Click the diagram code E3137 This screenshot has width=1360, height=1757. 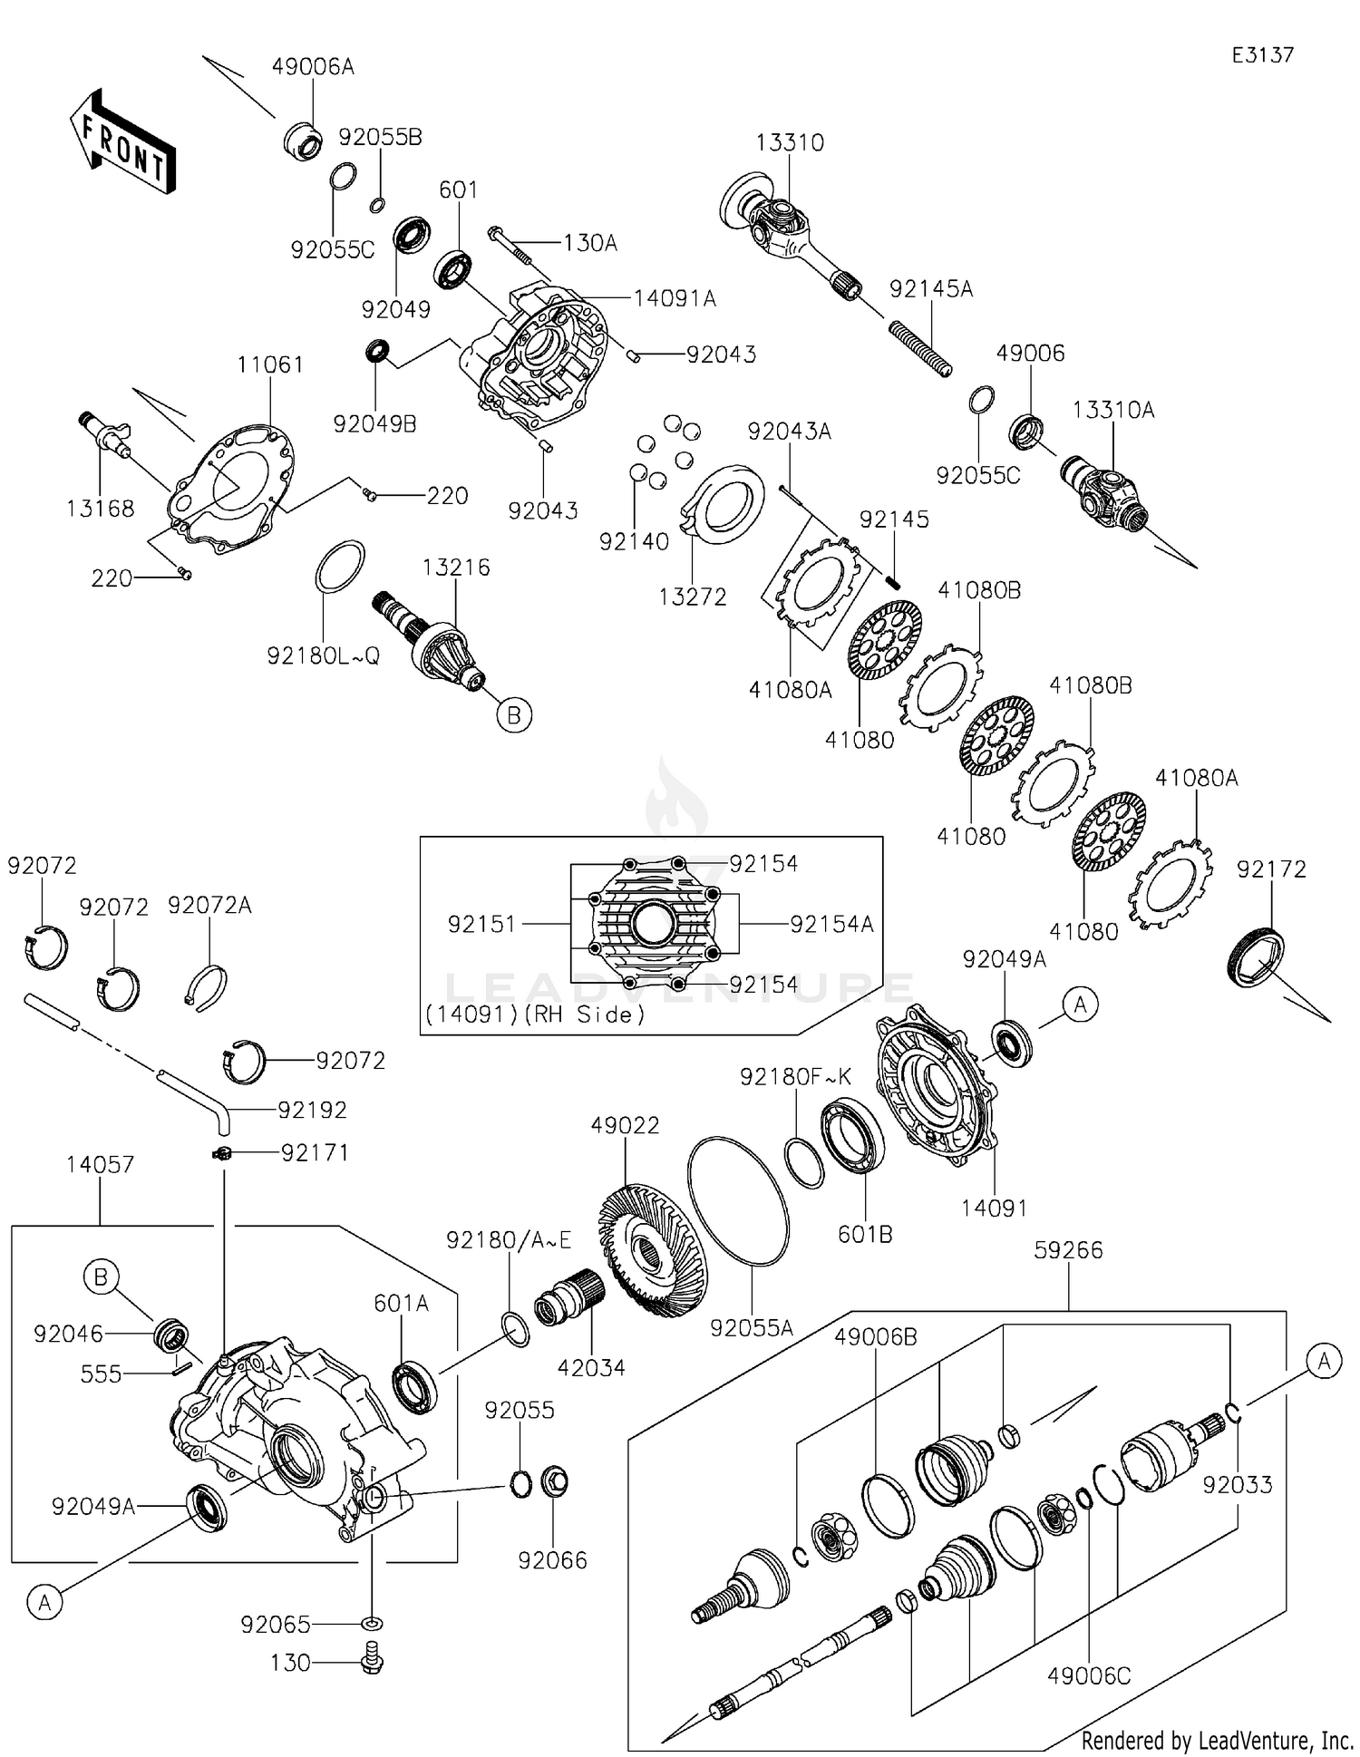tap(1262, 55)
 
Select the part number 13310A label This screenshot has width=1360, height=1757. tap(1113, 410)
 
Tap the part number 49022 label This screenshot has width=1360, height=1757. tap(625, 1125)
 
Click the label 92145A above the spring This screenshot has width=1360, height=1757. tap(931, 288)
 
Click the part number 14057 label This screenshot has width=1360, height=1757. tap(100, 1164)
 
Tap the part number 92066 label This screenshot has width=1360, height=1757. tap(552, 1560)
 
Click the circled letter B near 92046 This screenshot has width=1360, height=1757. tap(101, 1277)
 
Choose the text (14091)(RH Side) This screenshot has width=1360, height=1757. tap(535, 1014)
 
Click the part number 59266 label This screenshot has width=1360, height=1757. tap(1068, 1250)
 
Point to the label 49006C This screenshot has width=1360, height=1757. tap(1089, 1676)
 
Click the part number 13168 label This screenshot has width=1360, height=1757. tap(100, 509)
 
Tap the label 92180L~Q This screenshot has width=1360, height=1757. tap(323, 655)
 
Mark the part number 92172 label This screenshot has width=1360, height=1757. tap(1271, 869)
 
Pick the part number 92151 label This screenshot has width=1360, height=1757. tap(481, 924)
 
